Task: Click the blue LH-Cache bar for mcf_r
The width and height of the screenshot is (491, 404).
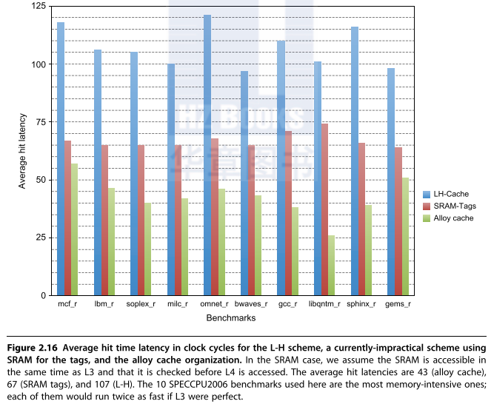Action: (61, 158)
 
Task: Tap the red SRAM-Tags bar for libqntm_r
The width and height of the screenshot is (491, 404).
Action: (324, 209)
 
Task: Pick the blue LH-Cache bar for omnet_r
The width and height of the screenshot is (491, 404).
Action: (207, 155)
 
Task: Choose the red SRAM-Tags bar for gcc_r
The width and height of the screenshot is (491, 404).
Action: (287, 213)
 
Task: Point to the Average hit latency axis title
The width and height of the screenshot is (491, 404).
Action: (23, 151)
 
